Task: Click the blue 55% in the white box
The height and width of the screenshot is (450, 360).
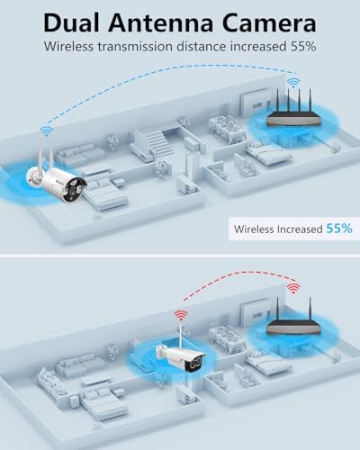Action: [339, 229]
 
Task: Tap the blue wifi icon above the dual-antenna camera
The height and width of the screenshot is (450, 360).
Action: [46, 130]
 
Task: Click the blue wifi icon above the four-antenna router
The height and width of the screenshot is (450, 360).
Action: [293, 83]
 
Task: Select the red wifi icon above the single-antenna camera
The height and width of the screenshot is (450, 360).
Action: [181, 316]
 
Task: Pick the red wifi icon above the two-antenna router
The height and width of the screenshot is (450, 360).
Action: [293, 288]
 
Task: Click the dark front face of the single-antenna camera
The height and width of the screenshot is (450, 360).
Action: [196, 364]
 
